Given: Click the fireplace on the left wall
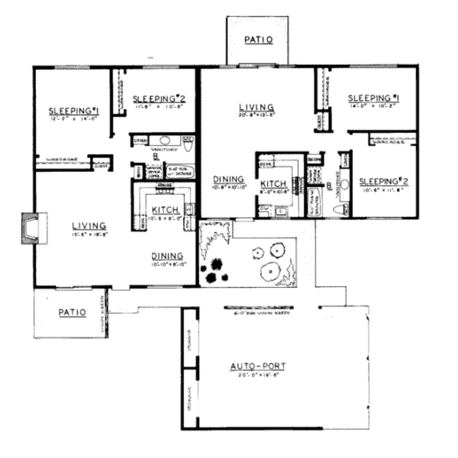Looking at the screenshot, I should click(34, 228).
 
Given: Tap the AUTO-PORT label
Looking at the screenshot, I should click(258, 367).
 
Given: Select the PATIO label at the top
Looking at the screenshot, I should click(259, 40).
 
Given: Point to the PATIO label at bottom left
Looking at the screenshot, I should click(72, 312).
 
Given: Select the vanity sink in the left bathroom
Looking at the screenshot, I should click(164, 141).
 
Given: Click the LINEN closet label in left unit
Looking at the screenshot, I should click(138, 141).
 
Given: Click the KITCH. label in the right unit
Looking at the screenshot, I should click(273, 184).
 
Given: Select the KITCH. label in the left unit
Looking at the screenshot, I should click(166, 210).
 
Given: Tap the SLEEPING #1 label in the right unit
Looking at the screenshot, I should click(373, 98).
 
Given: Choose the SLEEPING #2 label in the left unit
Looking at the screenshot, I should click(159, 98).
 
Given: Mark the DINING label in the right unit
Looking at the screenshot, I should click(229, 179).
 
